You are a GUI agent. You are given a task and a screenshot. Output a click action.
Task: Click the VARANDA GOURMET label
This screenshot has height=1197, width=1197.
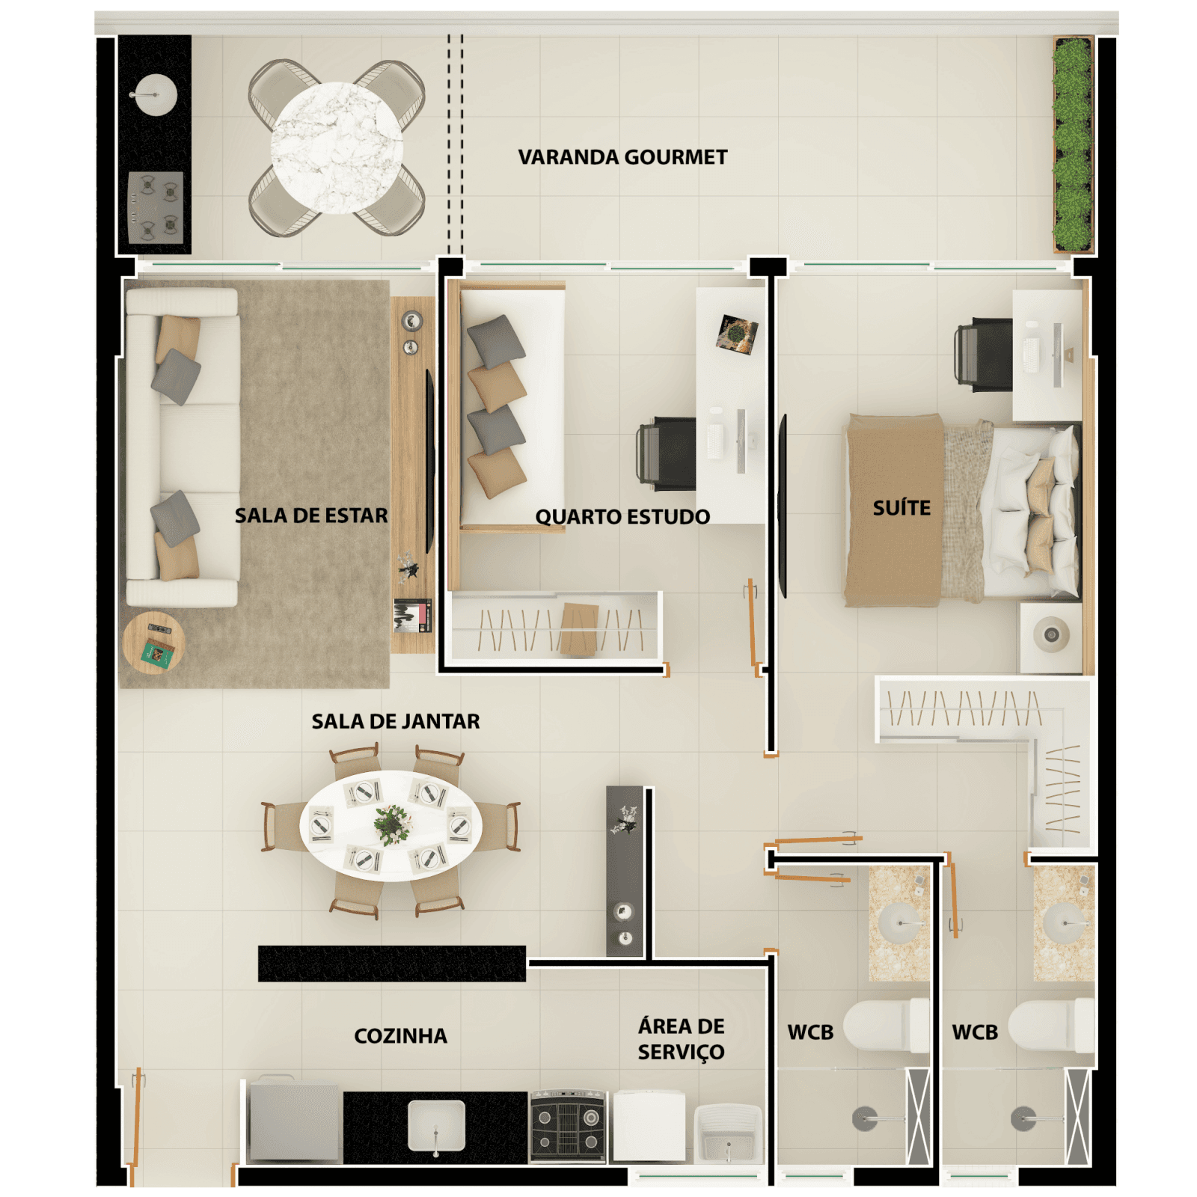[622, 157]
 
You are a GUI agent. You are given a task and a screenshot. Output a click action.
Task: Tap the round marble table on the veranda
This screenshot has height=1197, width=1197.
[337, 147]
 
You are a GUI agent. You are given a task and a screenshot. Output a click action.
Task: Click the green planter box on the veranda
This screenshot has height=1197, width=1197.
[1072, 145]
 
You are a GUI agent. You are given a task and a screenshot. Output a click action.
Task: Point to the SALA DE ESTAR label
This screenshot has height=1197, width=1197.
[311, 515]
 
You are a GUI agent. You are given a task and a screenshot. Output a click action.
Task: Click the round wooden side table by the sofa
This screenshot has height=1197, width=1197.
[153, 643]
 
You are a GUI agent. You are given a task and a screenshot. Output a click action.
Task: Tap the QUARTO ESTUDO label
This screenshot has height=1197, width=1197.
[622, 517]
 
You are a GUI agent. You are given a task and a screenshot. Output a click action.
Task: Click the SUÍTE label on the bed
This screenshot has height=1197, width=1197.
[901, 508]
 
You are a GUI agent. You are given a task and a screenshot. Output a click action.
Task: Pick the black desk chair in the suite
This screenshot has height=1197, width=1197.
[985, 354]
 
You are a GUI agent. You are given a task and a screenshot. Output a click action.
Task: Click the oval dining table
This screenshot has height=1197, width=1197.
[391, 825]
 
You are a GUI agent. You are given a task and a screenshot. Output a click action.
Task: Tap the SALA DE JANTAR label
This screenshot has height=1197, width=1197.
[395, 721]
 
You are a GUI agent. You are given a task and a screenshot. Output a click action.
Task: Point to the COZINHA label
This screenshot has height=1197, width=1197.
[400, 1035]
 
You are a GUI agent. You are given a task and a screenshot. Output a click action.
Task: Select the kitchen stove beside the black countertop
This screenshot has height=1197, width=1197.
[568, 1127]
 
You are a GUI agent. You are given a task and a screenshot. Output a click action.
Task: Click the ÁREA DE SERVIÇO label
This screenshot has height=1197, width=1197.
[681, 1038]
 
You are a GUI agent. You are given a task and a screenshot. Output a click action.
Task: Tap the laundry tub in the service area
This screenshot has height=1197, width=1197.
[727, 1134]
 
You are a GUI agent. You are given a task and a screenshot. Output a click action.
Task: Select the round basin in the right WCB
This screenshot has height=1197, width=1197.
[1063, 922]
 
